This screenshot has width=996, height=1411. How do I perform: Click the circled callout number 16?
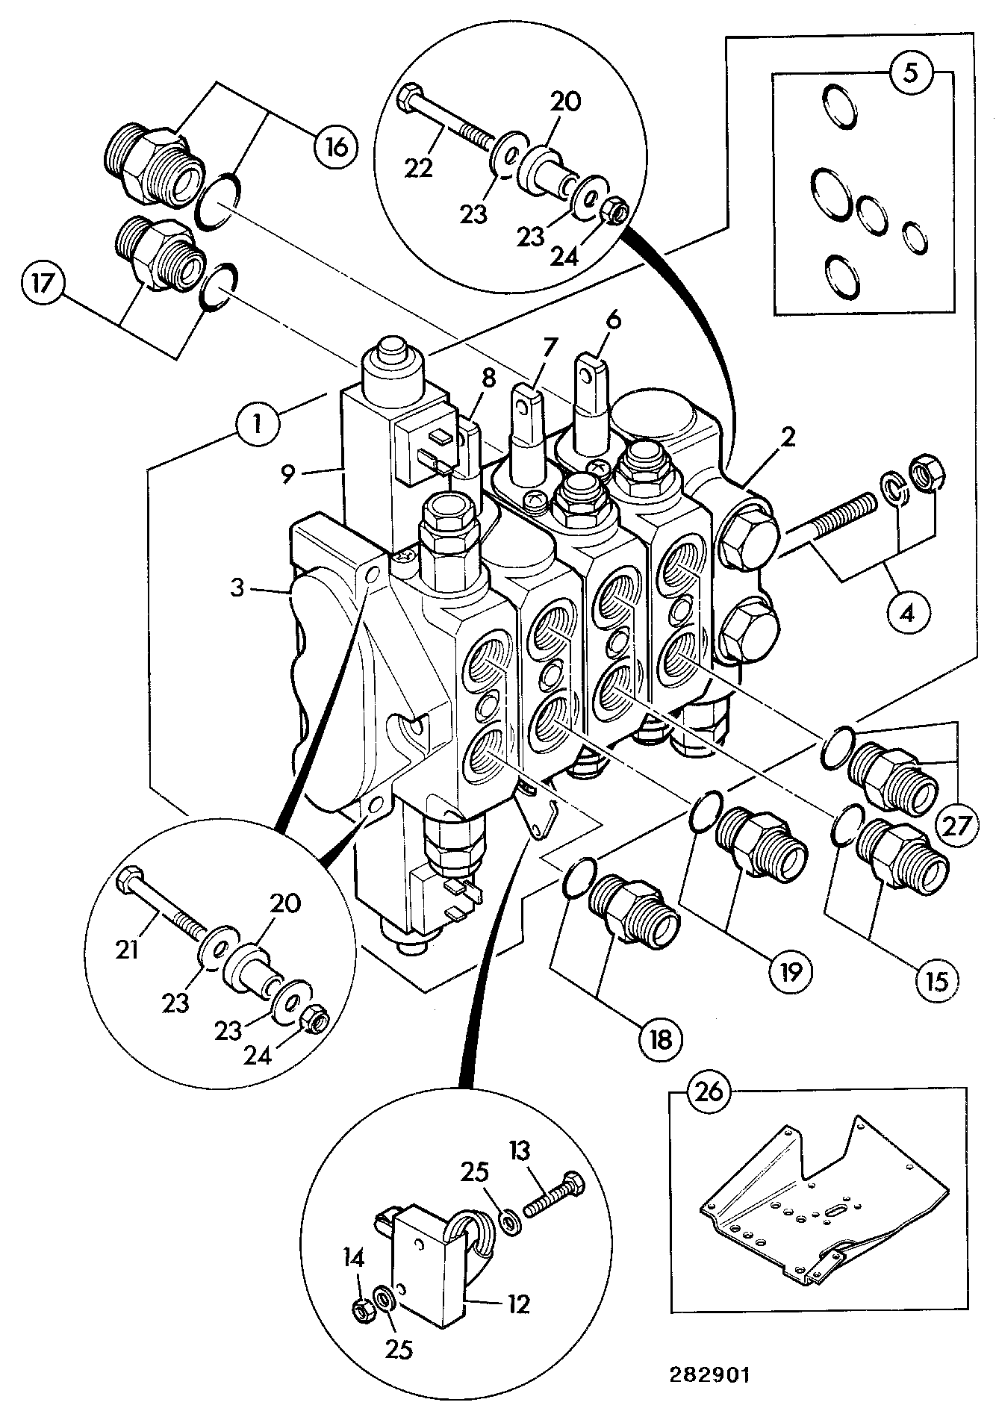tap(335, 146)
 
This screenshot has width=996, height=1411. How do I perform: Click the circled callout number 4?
tap(906, 613)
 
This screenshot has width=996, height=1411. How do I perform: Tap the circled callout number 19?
tap(790, 971)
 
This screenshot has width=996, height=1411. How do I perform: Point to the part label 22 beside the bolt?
tap(420, 169)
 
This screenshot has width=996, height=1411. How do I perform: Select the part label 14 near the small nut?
tap(353, 1259)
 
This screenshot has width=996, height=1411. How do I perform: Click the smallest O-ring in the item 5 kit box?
tap(914, 237)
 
